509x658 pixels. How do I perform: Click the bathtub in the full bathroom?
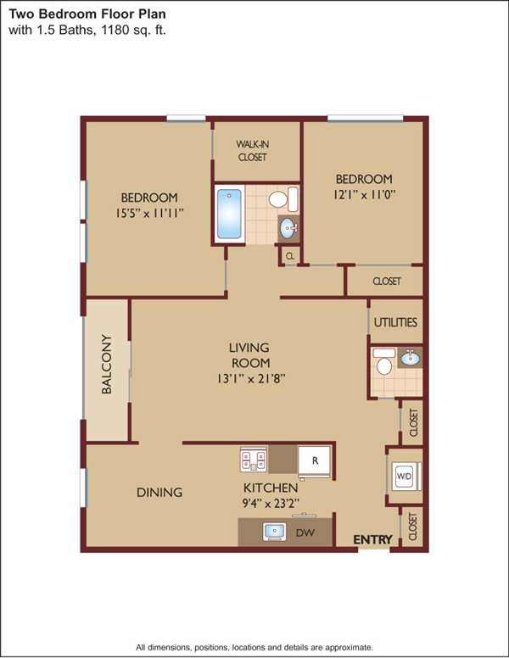[x=230, y=214]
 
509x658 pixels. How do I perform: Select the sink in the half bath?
[x=410, y=359]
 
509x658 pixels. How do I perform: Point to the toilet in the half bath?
[x=383, y=362]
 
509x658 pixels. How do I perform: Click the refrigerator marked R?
[x=315, y=461]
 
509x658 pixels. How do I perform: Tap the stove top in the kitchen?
[x=254, y=459]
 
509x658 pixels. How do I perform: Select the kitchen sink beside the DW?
[x=274, y=532]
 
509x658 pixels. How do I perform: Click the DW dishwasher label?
[x=305, y=533]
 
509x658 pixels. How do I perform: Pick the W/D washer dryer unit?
[x=405, y=477]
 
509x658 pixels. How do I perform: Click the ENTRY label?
[x=373, y=539]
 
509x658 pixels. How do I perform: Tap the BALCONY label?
[x=107, y=364]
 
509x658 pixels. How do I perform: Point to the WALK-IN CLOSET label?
[x=252, y=151]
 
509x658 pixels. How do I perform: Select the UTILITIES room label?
[x=395, y=322]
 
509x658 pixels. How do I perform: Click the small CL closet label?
[x=290, y=255]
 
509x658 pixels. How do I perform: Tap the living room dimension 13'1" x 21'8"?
[x=251, y=379]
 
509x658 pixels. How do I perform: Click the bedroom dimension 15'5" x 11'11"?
[x=149, y=213]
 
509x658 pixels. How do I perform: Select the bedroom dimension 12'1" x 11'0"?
[x=365, y=195]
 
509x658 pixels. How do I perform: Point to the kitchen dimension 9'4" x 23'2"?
[x=271, y=503]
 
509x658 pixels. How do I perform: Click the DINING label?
[x=159, y=493]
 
